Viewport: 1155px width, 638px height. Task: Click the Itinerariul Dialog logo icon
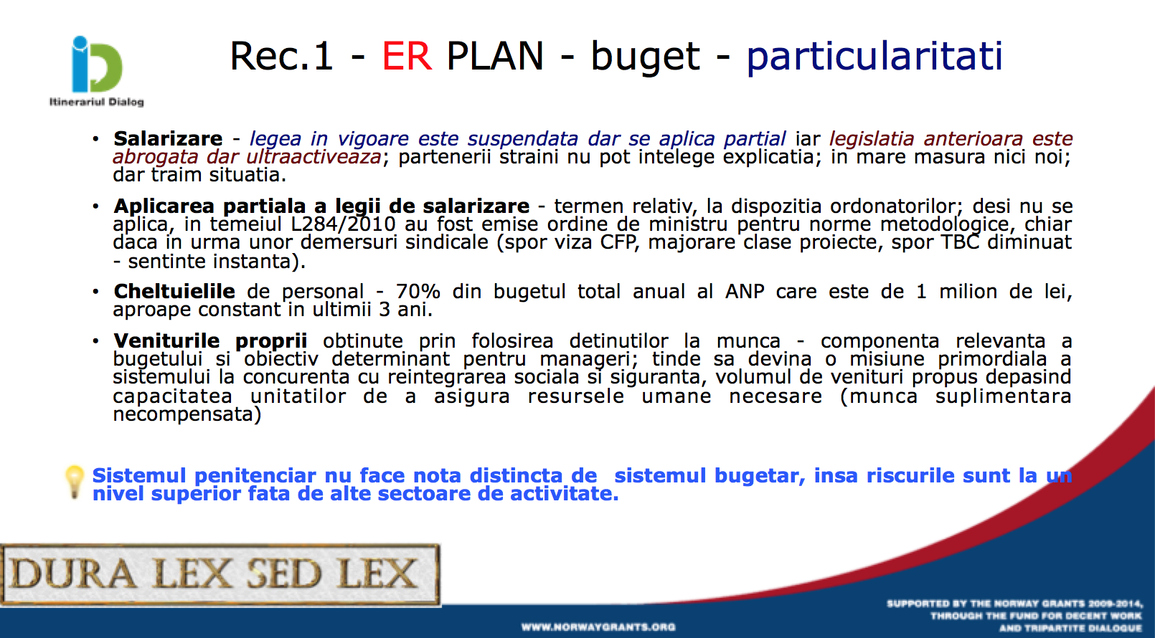coord(96,64)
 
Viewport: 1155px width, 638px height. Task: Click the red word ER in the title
coord(406,56)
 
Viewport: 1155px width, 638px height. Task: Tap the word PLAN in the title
coord(495,56)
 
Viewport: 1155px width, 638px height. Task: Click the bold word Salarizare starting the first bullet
coord(168,138)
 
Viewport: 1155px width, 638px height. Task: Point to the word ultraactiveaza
coord(313,157)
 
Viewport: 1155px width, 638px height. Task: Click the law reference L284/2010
coord(343,224)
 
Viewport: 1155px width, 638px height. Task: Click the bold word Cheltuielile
coord(174,292)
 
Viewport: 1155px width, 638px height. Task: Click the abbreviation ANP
coord(745,292)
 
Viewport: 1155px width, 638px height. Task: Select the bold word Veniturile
coord(166,341)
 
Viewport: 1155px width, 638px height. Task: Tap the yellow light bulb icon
coord(75,482)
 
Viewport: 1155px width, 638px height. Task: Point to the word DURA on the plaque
coord(72,574)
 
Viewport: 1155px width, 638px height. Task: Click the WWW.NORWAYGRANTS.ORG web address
coord(598,627)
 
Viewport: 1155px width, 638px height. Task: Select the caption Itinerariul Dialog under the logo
coord(96,102)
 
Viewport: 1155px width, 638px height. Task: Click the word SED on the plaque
coord(283,574)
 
